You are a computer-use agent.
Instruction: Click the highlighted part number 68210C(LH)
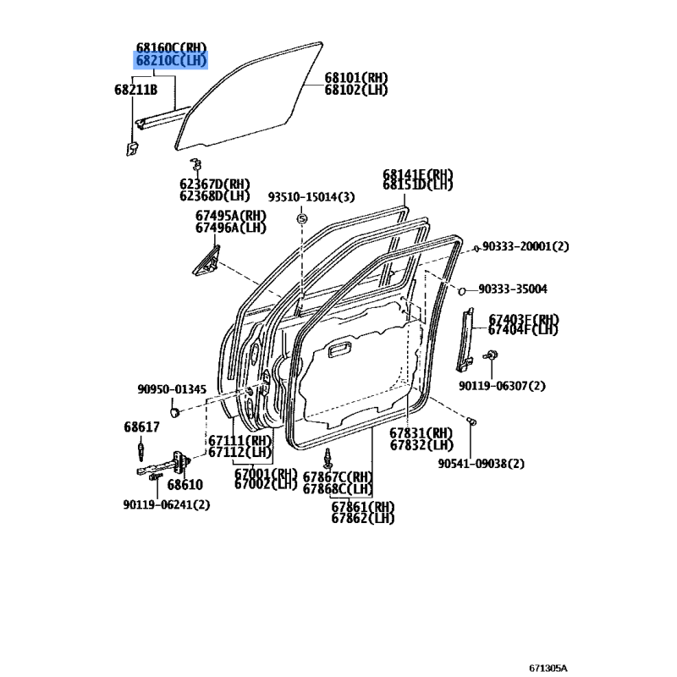(x=171, y=60)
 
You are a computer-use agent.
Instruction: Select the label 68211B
(x=135, y=90)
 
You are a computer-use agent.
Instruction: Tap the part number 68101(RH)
(x=356, y=78)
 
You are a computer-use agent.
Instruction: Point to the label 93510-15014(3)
(x=311, y=197)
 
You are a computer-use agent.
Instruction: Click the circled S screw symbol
(x=302, y=219)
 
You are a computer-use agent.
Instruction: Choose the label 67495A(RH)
(x=231, y=216)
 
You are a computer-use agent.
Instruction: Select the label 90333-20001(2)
(x=526, y=246)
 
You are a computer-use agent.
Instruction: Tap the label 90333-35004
(x=513, y=289)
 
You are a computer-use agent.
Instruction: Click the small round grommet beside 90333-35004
(x=461, y=291)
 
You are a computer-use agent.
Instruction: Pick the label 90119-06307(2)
(x=502, y=386)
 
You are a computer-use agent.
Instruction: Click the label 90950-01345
(x=172, y=389)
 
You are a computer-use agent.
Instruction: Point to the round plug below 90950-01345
(x=174, y=412)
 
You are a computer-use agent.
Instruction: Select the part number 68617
(x=141, y=427)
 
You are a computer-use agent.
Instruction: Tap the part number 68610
(x=184, y=484)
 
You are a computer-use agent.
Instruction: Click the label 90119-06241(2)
(x=166, y=504)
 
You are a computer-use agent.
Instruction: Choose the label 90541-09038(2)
(x=481, y=464)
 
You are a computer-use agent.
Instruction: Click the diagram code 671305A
(x=548, y=669)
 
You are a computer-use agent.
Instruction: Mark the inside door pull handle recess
(x=340, y=350)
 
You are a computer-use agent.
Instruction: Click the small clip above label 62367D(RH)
(x=196, y=164)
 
